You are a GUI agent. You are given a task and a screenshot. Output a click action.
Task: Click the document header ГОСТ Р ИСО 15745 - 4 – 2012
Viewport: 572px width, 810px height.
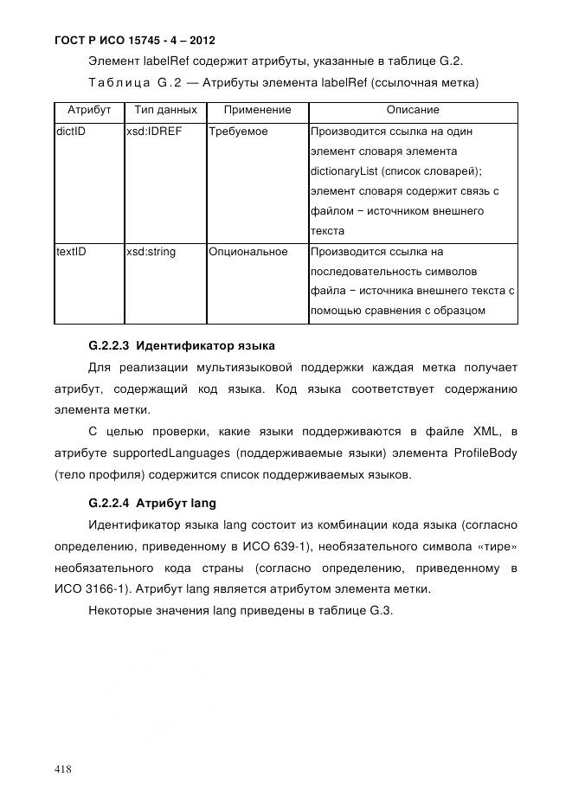[x=134, y=40]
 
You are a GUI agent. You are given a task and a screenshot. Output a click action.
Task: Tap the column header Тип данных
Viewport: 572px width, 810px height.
[x=165, y=111]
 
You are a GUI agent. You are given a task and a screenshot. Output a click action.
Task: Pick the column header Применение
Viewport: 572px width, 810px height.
[x=257, y=111]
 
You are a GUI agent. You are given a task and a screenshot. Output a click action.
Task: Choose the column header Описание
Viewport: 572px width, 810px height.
[x=412, y=111]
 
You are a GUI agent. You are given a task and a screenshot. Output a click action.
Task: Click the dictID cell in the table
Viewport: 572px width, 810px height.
[x=71, y=132]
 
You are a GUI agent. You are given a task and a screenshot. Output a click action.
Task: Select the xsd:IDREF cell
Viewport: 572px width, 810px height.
[x=154, y=132]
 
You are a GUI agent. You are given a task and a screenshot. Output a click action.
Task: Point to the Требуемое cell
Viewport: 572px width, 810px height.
[x=238, y=132]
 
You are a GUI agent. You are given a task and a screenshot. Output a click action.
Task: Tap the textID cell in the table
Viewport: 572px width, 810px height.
[x=71, y=252]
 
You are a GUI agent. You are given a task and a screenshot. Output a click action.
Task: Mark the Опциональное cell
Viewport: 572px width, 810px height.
[x=247, y=252]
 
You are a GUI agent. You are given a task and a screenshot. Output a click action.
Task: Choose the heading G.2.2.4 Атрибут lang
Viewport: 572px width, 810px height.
[x=152, y=503]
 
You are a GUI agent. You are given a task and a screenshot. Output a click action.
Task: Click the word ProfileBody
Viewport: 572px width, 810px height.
[x=485, y=453]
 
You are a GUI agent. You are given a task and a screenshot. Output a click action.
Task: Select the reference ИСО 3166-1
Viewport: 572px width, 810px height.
[x=85, y=589]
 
